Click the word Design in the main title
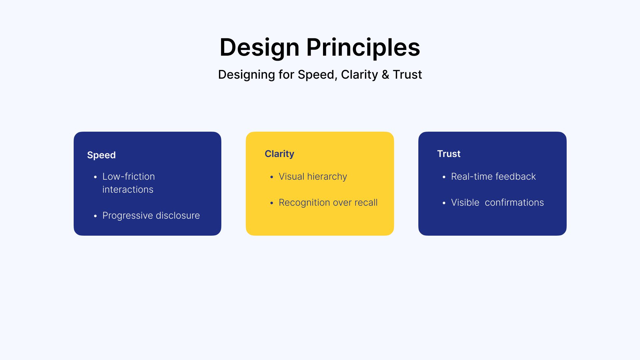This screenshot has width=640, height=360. pyautogui.click(x=260, y=47)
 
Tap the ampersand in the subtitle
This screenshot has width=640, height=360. pyautogui.click(x=385, y=75)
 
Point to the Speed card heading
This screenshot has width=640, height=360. pyautogui.click(x=101, y=155)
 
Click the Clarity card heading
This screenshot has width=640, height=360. pyautogui.click(x=279, y=154)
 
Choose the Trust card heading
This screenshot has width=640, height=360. pyautogui.click(x=449, y=154)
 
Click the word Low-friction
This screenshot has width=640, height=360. pyautogui.click(x=129, y=176)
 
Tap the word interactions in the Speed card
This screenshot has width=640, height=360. pyautogui.click(x=128, y=189)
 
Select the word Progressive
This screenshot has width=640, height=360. pyautogui.click(x=128, y=216)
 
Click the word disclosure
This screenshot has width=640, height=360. pyautogui.click(x=178, y=215)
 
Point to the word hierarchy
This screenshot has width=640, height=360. pyautogui.click(x=327, y=177)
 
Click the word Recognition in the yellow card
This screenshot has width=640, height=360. pyautogui.click(x=304, y=203)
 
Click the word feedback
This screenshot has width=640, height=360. pyautogui.click(x=516, y=176)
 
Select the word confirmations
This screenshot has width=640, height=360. pyautogui.click(x=514, y=202)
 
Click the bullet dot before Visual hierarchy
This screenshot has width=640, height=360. pyautogui.click(x=272, y=177)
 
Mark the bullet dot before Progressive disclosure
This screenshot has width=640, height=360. pyautogui.click(x=95, y=216)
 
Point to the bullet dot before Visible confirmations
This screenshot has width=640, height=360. pyautogui.click(x=444, y=203)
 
